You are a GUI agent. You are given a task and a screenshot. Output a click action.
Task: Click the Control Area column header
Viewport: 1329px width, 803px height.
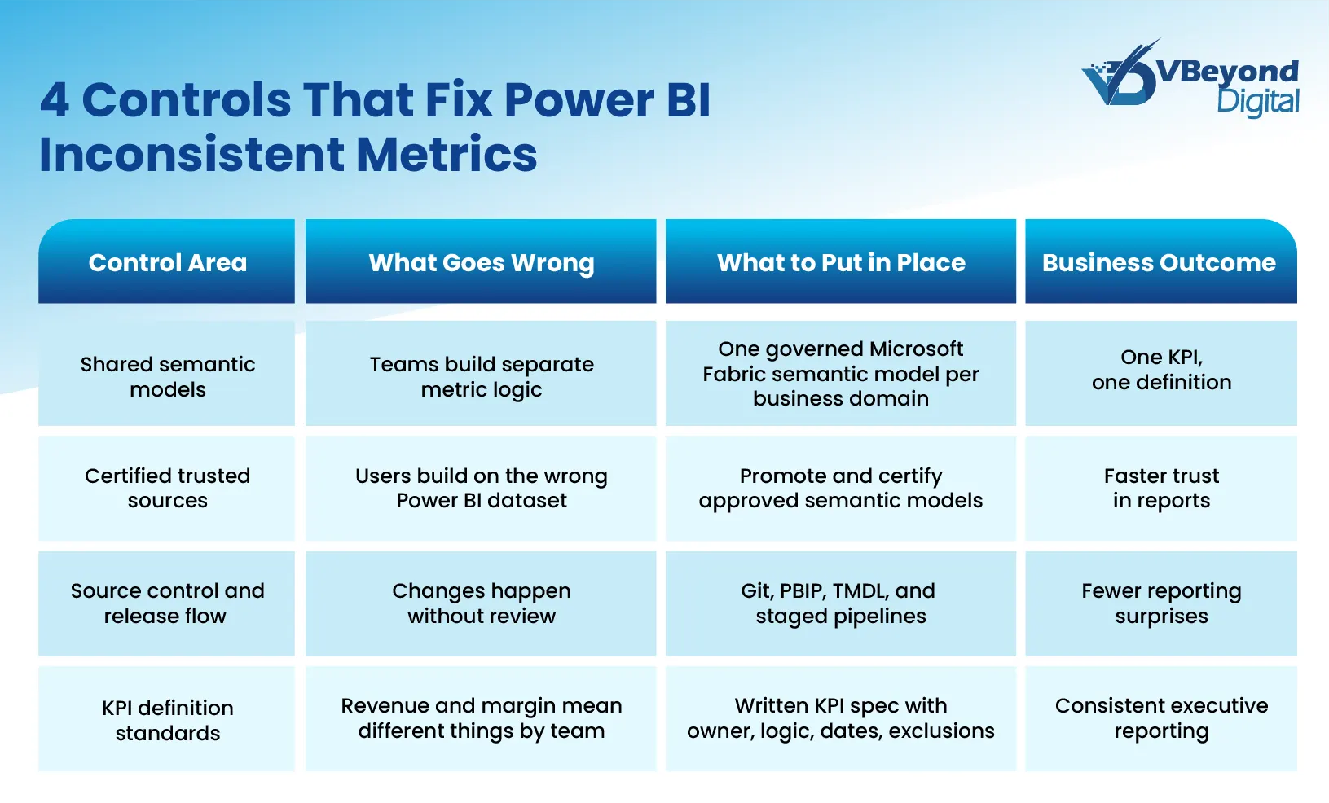(x=167, y=262)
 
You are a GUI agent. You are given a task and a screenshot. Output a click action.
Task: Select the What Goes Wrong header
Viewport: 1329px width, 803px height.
(x=481, y=262)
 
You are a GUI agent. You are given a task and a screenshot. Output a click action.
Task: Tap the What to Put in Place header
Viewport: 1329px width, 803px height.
(x=840, y=262)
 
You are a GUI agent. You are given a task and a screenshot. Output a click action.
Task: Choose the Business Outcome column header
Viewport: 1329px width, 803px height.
(x=1160, y=262)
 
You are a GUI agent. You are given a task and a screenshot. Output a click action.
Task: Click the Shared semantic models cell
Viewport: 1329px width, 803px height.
(x=167, y=375)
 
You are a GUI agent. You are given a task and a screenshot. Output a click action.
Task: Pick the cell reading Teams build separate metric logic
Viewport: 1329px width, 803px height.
(x=481, y=375)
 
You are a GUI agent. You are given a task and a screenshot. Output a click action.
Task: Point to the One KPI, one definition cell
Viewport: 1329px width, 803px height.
(x=1160, y=370)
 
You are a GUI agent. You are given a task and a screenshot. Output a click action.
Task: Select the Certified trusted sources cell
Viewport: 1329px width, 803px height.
(x=167, y=488)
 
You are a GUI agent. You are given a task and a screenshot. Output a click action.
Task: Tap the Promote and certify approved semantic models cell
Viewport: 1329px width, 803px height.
(x=840, y=488)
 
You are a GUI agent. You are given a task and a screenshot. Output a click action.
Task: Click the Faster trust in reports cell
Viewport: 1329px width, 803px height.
(x=1160, y=488)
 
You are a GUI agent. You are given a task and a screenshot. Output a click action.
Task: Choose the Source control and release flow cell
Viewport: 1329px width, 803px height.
(x=167, y=603)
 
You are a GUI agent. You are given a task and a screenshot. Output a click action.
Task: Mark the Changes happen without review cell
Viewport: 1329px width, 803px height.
(x=481, y=603)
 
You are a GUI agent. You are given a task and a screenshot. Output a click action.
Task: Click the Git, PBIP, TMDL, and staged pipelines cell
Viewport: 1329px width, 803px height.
(x=840, y=603)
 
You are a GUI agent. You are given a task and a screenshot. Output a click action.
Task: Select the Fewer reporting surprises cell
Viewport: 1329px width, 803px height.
(x=1160, y=603)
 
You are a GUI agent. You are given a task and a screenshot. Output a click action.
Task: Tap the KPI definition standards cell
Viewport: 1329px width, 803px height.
(x=167, y=719)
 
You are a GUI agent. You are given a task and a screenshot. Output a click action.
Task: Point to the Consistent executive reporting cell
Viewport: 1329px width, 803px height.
(x=1160, y=717)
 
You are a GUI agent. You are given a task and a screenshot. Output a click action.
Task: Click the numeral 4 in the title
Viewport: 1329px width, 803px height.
(x=55, y=100)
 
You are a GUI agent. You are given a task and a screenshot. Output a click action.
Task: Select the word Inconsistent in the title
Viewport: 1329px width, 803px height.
(x=191, y=155)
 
